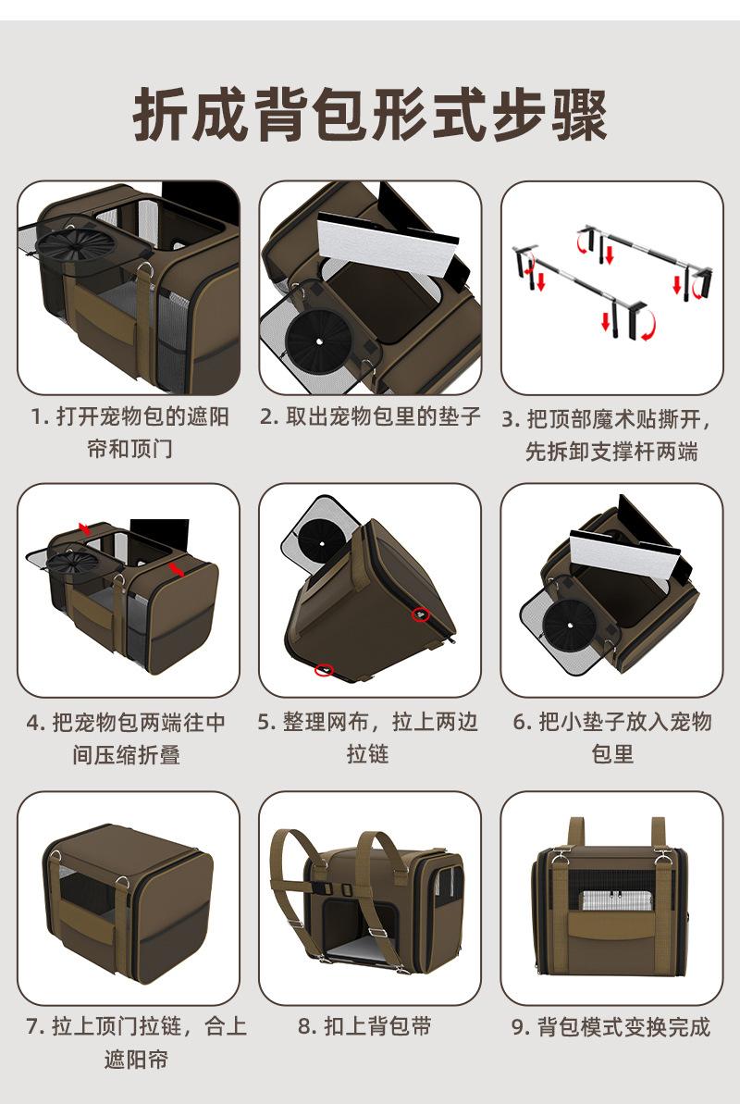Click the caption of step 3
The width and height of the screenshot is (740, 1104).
coord(611,434)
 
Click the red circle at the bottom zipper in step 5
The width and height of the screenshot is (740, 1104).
coord(323,669)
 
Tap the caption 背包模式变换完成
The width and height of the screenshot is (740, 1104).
coord(611,1026)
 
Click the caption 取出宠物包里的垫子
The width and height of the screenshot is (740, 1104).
coord(370,416)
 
